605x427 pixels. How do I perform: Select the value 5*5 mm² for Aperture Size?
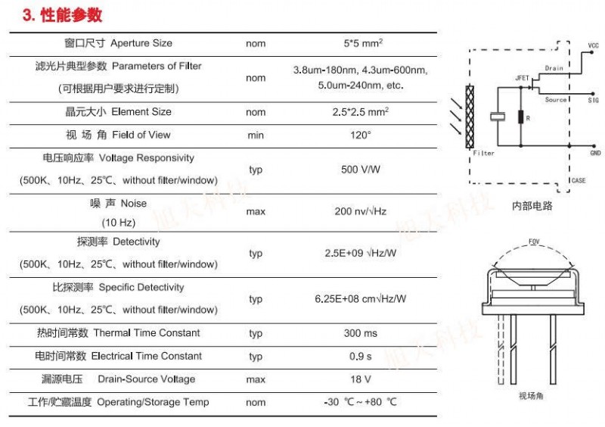[363, 43]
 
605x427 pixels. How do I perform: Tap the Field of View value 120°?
[361, 135]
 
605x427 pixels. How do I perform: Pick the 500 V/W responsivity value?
[361, 170]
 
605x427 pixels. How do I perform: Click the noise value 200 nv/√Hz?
[361, 211]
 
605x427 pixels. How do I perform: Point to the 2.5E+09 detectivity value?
[361, 253]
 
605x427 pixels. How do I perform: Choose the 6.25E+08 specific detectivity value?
[361, 299]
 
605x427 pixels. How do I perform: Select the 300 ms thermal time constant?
[361, 333]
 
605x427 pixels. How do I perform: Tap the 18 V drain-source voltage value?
[361, 379]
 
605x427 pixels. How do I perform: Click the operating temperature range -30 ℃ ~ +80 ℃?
[361, 402]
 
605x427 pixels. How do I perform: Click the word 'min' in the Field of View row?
[256, 136]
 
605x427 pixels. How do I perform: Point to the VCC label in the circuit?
[593, 45]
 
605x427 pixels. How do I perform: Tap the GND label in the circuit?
[595, 153]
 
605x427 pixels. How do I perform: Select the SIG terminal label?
[594, 100]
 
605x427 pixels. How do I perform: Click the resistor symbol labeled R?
[521, 117]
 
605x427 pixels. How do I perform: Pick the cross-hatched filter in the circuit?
[470, 117]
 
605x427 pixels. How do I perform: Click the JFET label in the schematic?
[522, 78]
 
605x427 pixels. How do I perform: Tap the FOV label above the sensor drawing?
[534, 242]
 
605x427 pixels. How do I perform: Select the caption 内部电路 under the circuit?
[532, 206]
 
